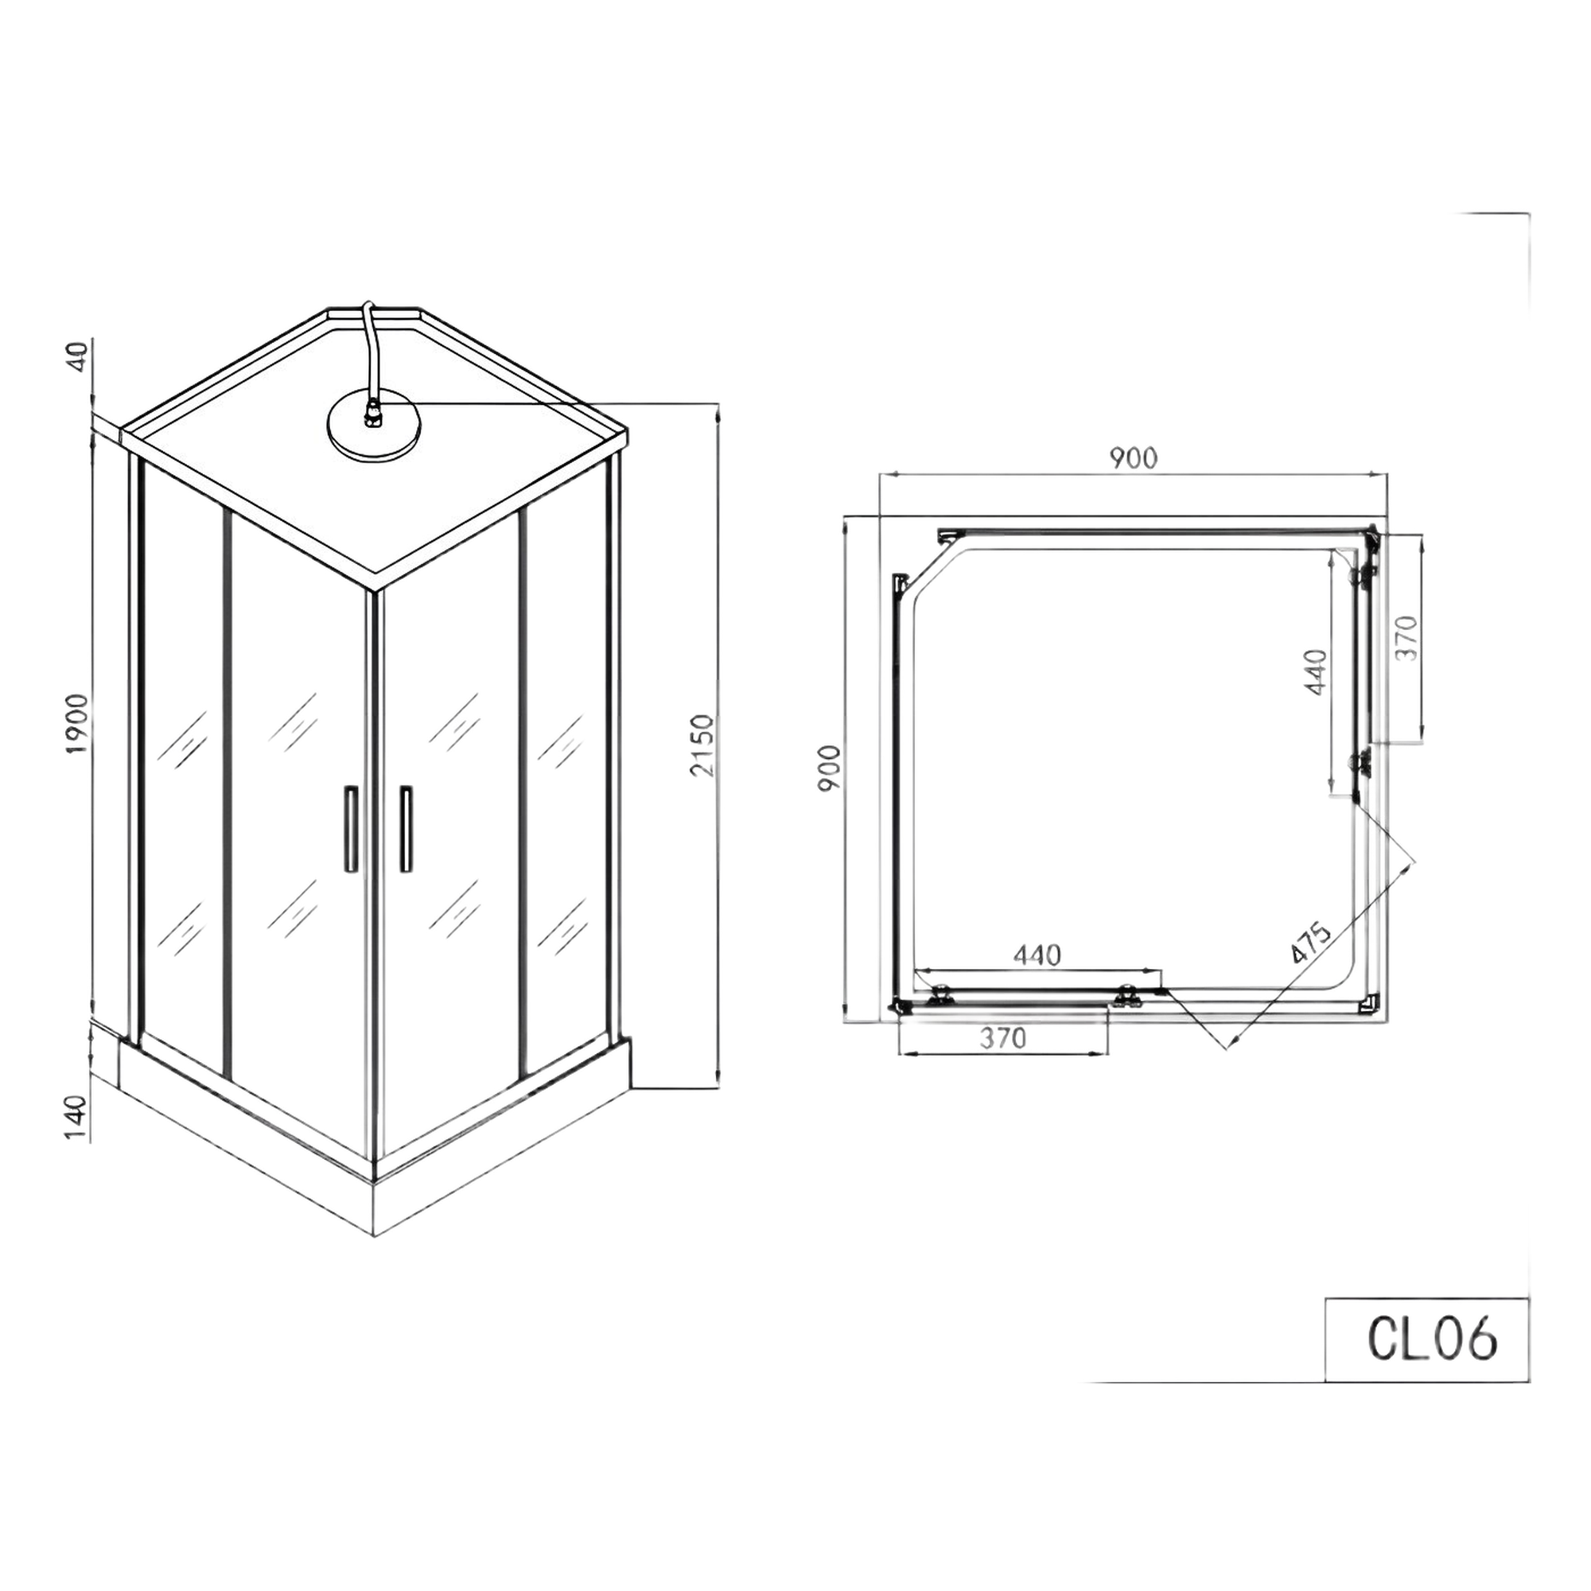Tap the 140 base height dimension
(x=76, y=1117)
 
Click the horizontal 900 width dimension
(x=1133, y=458)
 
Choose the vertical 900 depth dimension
(x=829, y=768)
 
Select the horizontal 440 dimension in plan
(x=1037, y=955)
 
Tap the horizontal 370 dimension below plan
(x=1003, y=1038)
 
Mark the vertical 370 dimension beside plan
(x=1406, y=636)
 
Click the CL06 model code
(x=1431, y=1340)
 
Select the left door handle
(x=350, y=828)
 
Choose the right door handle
(x=406, y=828)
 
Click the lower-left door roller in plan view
(x=939, y=998)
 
